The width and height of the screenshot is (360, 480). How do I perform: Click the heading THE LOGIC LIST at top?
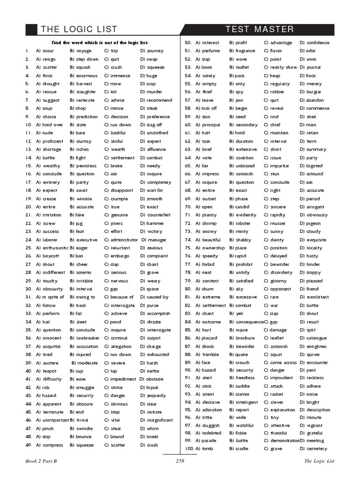coord(79,30)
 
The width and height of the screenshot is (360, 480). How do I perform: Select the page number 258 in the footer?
coord(180,461)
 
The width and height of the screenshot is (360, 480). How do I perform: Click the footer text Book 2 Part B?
coord(44,461)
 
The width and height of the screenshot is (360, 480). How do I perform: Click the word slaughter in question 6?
coord(85,92)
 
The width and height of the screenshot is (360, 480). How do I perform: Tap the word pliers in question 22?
coord(116,224)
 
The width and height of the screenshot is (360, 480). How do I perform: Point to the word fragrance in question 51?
coord(245,51)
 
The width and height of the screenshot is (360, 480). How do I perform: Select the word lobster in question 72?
coord(243,224)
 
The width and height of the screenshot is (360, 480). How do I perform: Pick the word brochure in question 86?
coord(245,338)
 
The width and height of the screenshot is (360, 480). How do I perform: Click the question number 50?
coord(188,43)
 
